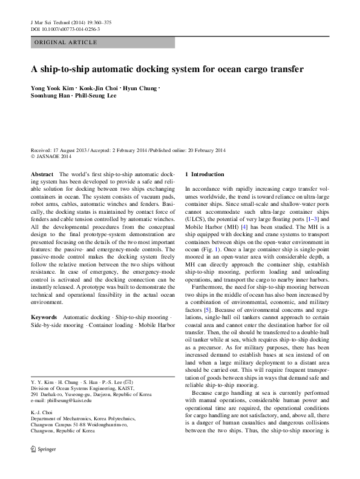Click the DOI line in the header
click(65, 28)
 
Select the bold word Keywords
click(44, 317)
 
